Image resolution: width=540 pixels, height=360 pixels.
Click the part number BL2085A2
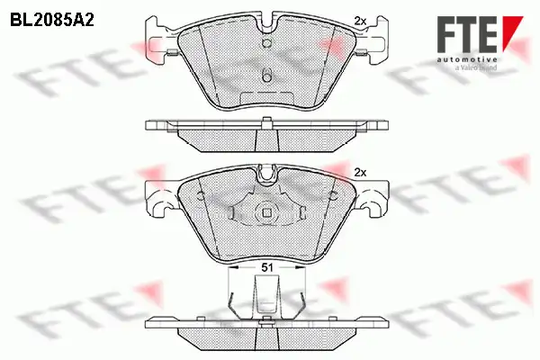pyautogui.click(x=52, y=21)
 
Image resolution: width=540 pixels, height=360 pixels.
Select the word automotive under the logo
pyautogui.click(x=467, y=60)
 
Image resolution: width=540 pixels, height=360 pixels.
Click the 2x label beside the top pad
pyautogui.click(x=360, y=21)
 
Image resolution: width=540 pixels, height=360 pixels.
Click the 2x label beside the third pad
pyautogui.click(x=360, y=172)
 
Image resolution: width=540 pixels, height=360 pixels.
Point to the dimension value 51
pyautogui.click(x=267, y=267)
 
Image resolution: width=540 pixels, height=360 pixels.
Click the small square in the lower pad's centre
pyautogui.click(x=267, y=213)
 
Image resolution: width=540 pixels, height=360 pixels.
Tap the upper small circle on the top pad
pyautogui.click(x=267, y=42)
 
